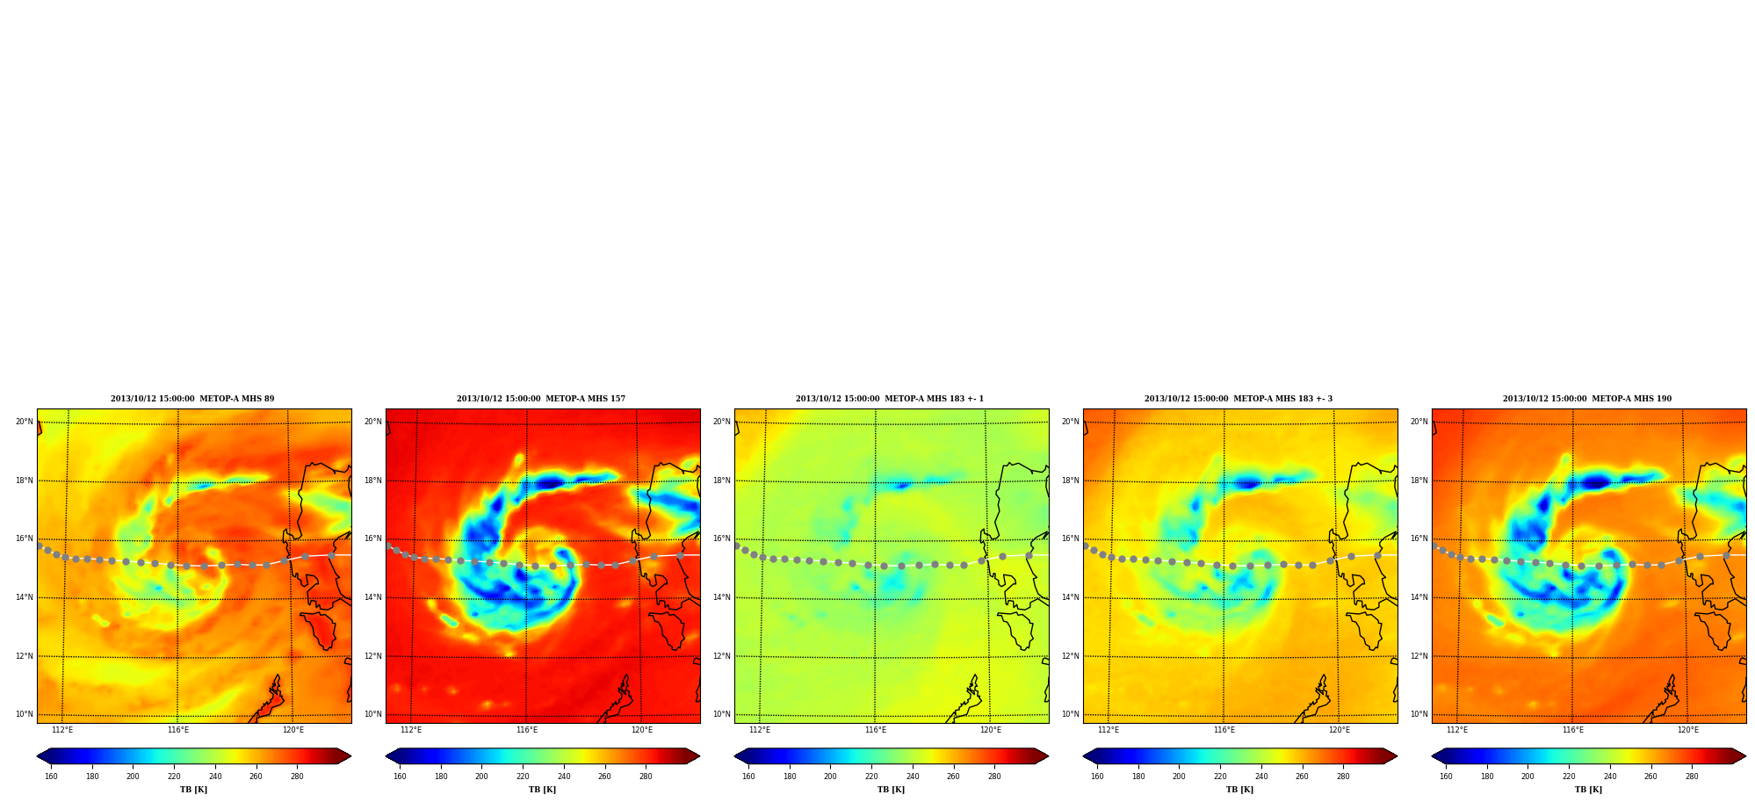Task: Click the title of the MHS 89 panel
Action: [x=192, y=399]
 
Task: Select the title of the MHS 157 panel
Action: [x=541, y=399]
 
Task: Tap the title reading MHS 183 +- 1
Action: [x=890, y=399]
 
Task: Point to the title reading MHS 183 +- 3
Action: [x=1239, y=399]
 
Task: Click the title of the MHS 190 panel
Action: [x=1587, y=399]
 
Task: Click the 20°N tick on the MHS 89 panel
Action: [x=24, y=422]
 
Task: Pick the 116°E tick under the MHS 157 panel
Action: [x=527, y=730]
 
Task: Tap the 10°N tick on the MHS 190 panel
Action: [x=1419, y=714]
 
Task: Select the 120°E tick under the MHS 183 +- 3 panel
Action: [x=1340, y=730]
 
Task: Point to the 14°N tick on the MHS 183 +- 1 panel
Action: [x=721, y=597]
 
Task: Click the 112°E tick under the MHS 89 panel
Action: [x=62, y=730]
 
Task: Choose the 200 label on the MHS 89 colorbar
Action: [x=133, y=777]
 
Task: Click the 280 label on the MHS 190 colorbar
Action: [x=1692, y=777]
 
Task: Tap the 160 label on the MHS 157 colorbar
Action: [x=400, y=777]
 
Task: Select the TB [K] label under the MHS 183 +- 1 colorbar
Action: [x=891, y=790]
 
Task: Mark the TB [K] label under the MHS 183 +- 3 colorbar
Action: [x=1239, y=790]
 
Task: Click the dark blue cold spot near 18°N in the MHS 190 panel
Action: [x=1595, y=481]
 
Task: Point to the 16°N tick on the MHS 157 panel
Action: [x=372, y=538]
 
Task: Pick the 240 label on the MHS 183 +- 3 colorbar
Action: [x=1261, y=777]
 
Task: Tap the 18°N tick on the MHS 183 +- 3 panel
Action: [x=1070, y=480]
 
